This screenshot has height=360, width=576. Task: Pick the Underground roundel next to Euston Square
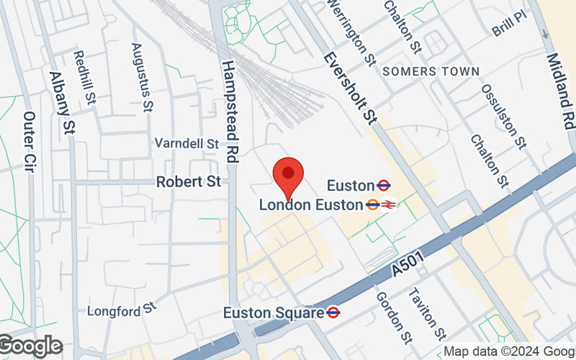(x=333, y=312)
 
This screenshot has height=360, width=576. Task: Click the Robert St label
(x=189, y=182)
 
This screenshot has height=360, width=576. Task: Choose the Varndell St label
(x=186, y=144)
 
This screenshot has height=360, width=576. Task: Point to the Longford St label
(x=122, y=310)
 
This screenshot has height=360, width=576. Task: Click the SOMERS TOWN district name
(x=431, y=71)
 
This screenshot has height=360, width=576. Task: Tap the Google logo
(x=30, y=346)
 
